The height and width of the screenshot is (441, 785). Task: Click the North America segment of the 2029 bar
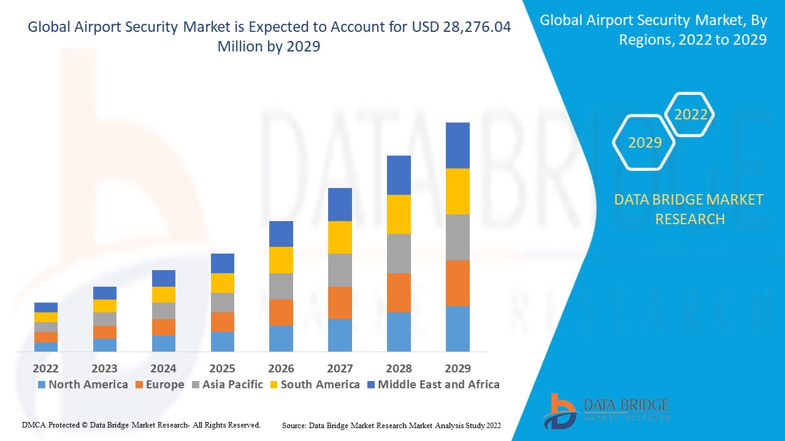click(x=458, y=328)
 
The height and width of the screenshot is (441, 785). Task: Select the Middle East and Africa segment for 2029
click(x=458, y=145)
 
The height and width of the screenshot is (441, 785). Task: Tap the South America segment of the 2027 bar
click(x=340, y=237)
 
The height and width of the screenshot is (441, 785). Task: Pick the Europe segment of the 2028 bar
click(x=399, y=292)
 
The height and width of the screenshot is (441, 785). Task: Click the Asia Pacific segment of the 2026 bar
click(x=281, y=286)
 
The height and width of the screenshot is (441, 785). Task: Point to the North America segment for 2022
click(x=46, y=347)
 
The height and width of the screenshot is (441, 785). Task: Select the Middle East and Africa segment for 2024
click(x=164, y=278)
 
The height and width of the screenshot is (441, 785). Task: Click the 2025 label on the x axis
click(x=222, y=368)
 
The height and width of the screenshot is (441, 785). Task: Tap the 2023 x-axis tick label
click(x=104, y=368)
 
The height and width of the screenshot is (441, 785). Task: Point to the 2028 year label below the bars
click(x=399, y=368)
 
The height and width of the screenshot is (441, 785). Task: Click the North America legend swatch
click(x=42, y=385)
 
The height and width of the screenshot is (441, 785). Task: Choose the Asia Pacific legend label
click(x=232, y=385)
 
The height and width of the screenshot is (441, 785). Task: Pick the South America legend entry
click(x=320, y=385)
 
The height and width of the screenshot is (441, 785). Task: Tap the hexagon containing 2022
click(x=691, y=115)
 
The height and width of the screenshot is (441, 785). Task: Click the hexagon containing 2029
click(x=645, y=143)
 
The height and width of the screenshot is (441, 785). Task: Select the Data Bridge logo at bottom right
click(x=605, y=410)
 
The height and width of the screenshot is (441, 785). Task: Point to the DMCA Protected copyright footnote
click(x=142, y=424)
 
